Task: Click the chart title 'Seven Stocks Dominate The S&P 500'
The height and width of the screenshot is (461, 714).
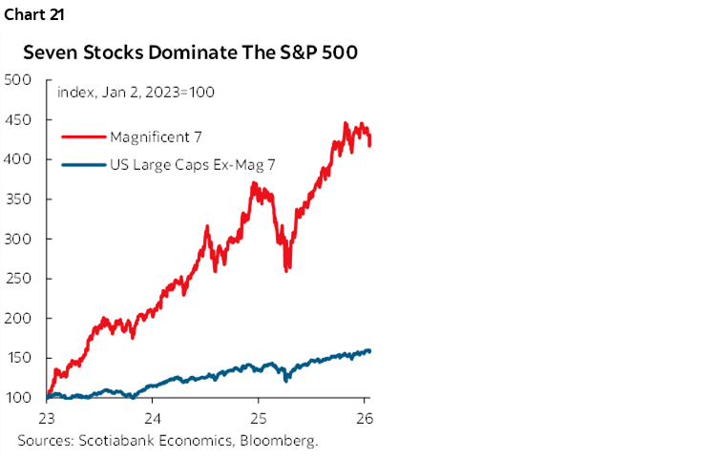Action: (x=190, y=53)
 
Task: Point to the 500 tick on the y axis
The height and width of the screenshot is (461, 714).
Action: (x=19, y=80)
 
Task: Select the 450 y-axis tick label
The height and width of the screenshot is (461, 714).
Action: (x=19, y=120)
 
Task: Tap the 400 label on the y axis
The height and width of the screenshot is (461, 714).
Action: (x=19, y=159)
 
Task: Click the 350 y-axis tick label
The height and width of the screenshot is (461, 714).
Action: (x=19, y=199)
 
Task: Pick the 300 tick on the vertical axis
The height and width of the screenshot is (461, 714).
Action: (x=19, y=239)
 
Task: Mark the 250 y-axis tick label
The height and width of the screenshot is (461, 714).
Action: (x=19, y=279)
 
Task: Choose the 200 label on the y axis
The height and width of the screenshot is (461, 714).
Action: (x=19, y=318)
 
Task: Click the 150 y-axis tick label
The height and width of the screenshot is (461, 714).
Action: (x=19, y=358)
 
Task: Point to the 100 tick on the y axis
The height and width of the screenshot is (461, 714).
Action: (x=19, y=397)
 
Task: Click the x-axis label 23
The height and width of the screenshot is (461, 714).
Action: (x=47, y=418)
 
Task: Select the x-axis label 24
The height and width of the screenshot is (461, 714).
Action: (x=152, y=418)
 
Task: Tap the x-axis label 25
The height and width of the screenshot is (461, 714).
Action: (x=258, y=418)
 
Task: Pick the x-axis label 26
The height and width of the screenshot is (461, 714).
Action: (x=364, y=418)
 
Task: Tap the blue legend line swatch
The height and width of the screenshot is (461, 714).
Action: (x=82, y=166)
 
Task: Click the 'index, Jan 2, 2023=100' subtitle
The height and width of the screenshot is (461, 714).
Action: (x=136, y=93)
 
